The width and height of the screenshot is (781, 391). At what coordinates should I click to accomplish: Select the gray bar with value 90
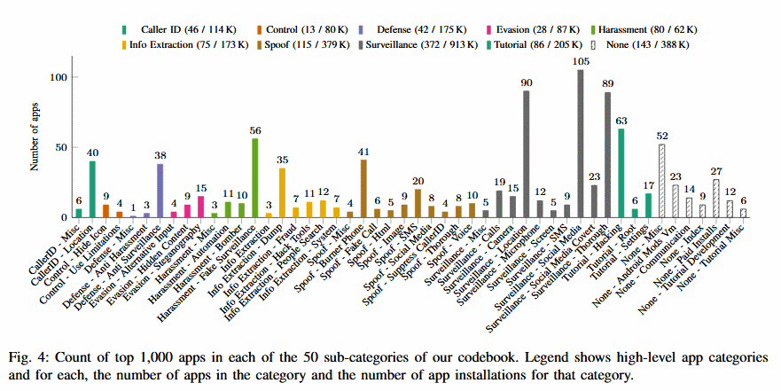pos(527,154)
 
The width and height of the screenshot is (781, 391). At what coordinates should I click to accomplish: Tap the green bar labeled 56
pos(255,177)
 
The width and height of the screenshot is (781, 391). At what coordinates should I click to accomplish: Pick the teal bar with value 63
pos(621,173)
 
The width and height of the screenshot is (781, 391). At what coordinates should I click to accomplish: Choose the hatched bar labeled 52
pos(661,181)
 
